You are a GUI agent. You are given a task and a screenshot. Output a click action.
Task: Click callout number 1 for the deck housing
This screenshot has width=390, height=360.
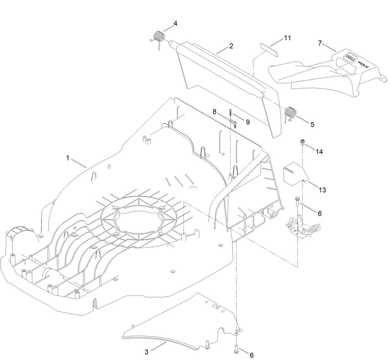click(x=68, y=158)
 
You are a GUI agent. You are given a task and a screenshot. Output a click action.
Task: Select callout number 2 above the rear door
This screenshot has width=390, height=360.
click(x=231, y=46)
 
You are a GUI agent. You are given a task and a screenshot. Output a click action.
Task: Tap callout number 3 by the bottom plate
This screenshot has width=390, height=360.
click(x=147, y=352)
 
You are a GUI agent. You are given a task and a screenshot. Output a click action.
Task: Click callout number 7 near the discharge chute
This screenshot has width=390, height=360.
click(x=320, y=43)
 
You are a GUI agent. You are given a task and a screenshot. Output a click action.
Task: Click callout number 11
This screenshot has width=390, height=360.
click(x=287, y=38)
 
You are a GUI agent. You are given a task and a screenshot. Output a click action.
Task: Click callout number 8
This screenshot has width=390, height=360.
click(x=214, y=111)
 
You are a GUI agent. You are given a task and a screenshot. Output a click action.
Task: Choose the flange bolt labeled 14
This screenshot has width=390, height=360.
click(x=302, y=142)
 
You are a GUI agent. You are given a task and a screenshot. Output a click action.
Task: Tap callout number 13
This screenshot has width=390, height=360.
click(x=322, y=190)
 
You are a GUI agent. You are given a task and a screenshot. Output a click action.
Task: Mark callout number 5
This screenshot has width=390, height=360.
click(x=312, y=124)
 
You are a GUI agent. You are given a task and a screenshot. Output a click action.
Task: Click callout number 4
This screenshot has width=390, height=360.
click(x=175, y=23)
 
